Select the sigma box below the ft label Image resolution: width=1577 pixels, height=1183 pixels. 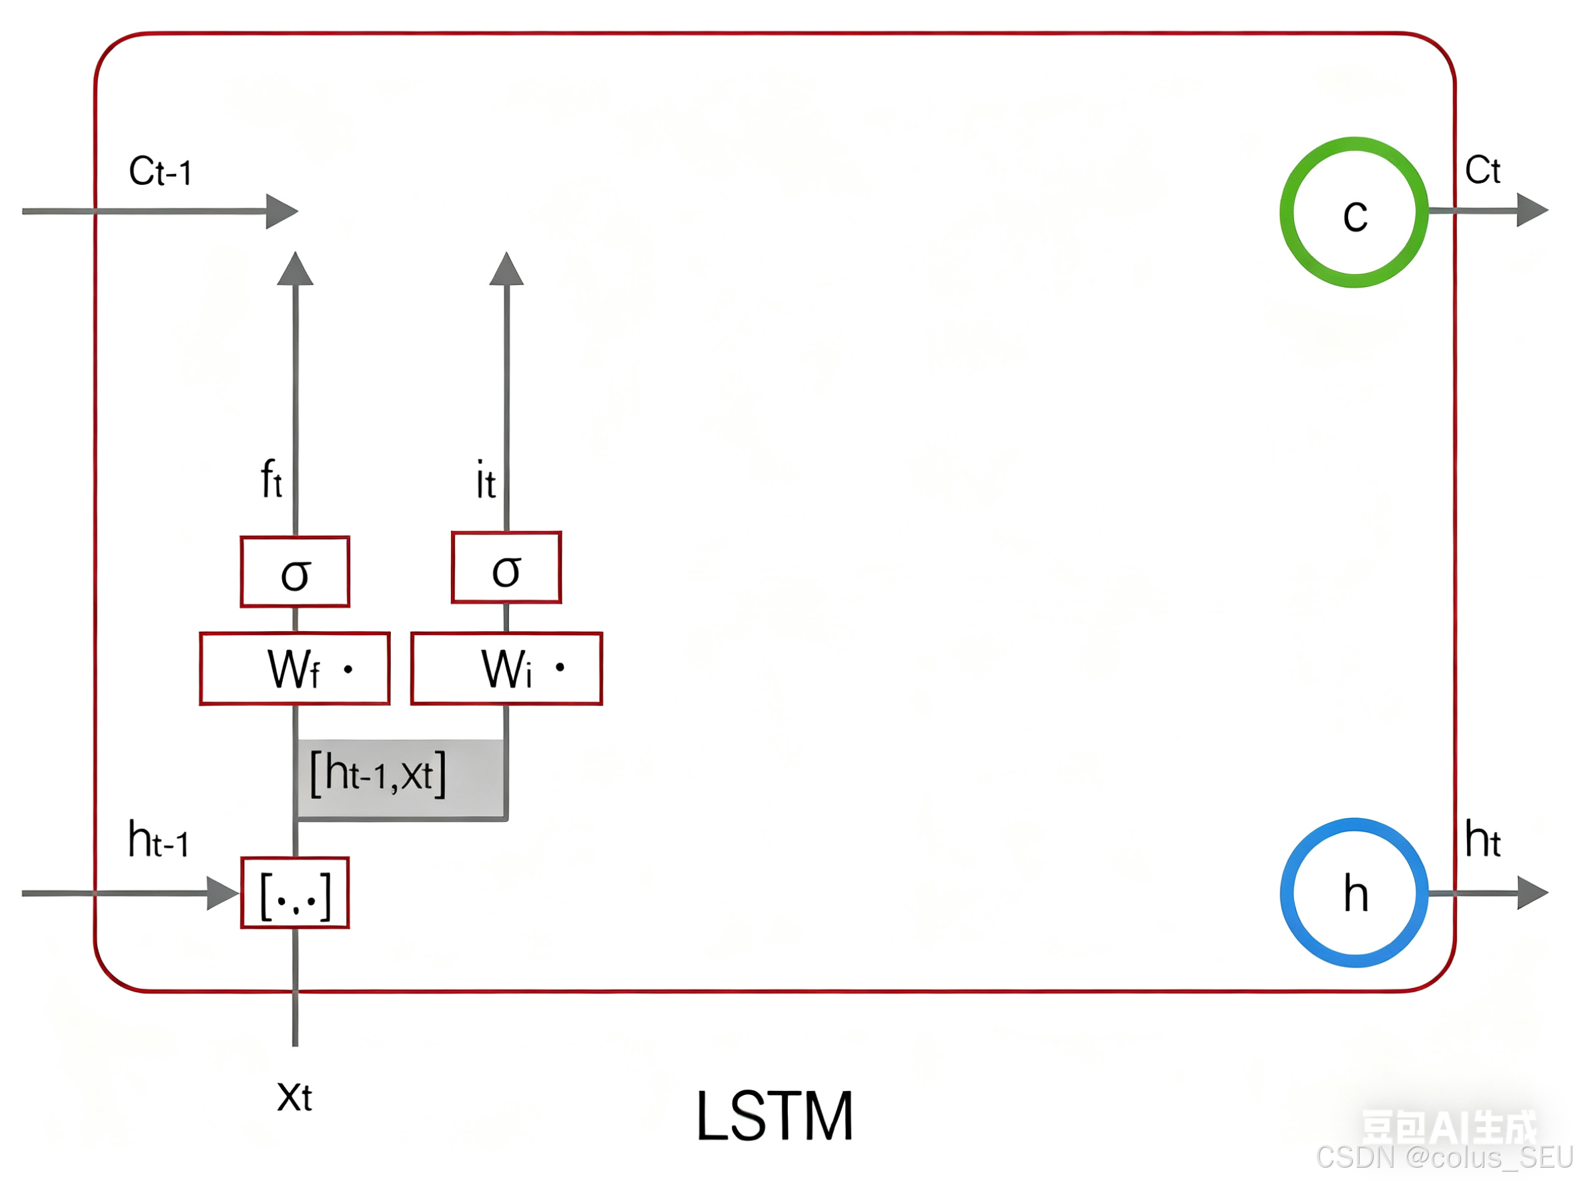click(x=294, y=572)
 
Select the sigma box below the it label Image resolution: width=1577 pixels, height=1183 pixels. click(x=506, y=568)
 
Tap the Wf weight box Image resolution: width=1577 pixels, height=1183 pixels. click(x=294, y=668)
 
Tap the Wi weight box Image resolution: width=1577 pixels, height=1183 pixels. click(x=506, y=668)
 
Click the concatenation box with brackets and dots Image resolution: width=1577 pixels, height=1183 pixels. click(x=294, y=893)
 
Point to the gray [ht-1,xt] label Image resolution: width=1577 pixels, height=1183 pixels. click(x=378, y=774)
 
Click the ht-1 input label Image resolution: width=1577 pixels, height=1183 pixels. click(x=158, y=839)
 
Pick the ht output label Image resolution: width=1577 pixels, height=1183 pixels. click(x=1482, y=839)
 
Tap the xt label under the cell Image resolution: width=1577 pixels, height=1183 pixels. click(x=294, y=1097)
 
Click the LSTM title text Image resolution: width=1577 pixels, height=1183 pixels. click(x=774, y=1117)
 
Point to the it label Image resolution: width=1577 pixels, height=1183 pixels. click(x=486, y=479)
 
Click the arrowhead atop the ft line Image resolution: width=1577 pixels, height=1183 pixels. click(x=295, y=270)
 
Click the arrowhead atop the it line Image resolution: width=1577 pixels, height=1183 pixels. click(x=506, y=270)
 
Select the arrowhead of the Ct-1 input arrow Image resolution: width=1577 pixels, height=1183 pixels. click(x=281, y=211)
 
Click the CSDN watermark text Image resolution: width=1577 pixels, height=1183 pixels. click(x=1443, y=1158)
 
